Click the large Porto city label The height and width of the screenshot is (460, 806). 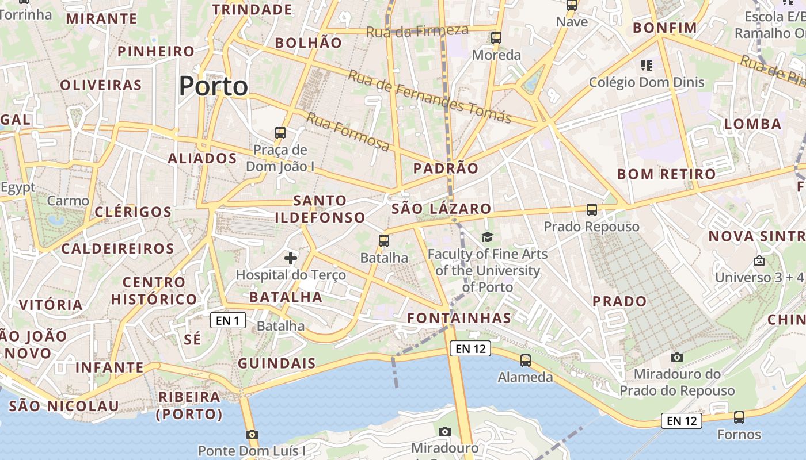214,86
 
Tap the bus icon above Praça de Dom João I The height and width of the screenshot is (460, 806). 280,132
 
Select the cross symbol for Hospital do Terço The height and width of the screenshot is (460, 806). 291,258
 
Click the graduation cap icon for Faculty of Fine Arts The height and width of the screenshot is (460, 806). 488,236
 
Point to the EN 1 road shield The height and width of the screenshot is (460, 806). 228,320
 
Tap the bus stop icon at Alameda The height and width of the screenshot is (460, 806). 526,361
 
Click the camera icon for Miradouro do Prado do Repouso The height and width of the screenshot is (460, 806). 678,357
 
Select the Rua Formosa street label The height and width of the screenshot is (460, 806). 348,132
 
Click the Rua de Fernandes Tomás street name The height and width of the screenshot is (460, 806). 429,97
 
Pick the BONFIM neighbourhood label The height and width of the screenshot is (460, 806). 665,28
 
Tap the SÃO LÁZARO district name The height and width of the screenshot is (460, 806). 441,209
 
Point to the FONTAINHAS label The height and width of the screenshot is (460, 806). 459,318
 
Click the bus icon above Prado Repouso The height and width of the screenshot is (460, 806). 592,209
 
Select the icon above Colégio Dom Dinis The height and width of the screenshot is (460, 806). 647,66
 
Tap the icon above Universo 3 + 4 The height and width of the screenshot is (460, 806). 759,260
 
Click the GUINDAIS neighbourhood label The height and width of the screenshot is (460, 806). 277,363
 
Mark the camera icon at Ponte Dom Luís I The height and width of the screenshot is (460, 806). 252,434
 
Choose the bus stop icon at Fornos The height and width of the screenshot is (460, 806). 739,417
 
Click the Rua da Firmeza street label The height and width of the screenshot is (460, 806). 417,31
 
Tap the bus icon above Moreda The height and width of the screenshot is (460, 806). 496,38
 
